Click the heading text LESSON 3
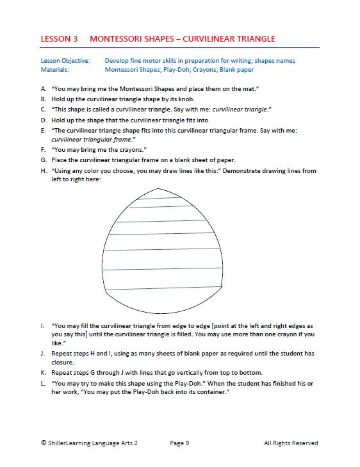click(x=59, y=39)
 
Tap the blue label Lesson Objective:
click(x=65, y=61)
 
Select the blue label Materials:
click(x=55, y=70)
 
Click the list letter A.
click(x=44, y=89)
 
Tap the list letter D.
click(x=44, y=120)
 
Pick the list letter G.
click(x=44, y=160)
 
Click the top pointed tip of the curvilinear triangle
click(x=158, y=188)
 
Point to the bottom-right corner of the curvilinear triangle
click(x=222, y=287)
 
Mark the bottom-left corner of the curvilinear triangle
click(x=106, y=292)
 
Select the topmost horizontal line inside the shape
click(x=158, y=198)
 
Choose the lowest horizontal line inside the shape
click(x=164, y=288)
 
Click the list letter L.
click(x=43, y=383)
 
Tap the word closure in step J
click(x=63, y=363)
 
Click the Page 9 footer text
click(x=179, y=443)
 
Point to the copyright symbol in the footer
click(x=44, y=443)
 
